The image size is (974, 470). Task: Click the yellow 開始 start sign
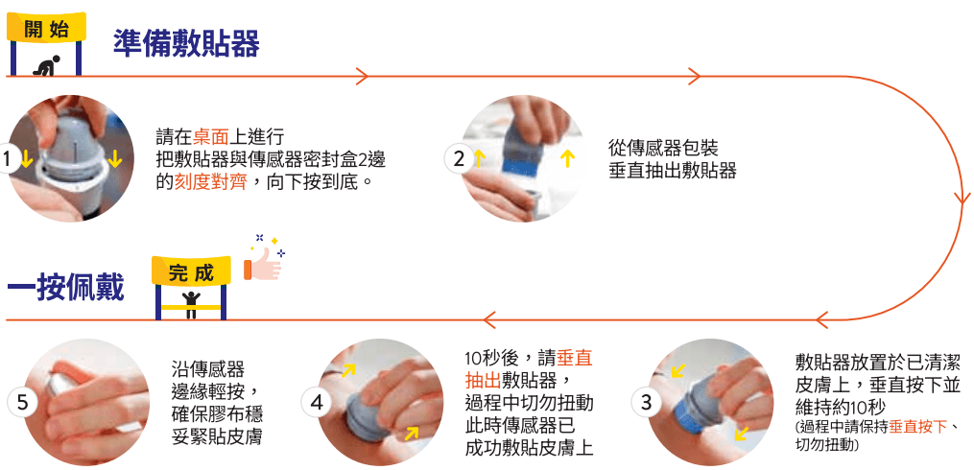point(45,27)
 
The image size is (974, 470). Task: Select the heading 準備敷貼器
point(186,43)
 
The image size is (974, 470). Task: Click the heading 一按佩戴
point(65,287)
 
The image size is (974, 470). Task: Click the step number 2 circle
point(459,159)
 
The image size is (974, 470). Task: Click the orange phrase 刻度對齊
point(210,180)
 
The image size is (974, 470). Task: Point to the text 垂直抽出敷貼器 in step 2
point(672,171)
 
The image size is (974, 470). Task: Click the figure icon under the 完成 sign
point(192,300)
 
